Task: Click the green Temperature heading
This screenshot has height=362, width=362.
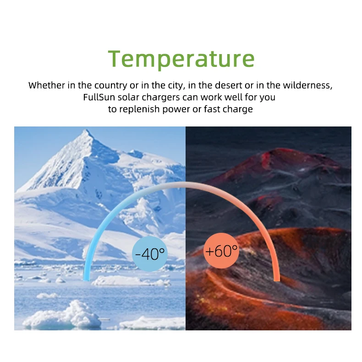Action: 181,59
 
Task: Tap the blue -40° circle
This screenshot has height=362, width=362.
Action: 149,254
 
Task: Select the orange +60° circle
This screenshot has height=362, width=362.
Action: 221,251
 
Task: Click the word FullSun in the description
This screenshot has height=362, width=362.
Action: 99,97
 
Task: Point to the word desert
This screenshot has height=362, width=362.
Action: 229,85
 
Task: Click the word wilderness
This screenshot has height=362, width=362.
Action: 308,85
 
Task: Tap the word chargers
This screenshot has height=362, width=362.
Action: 161,98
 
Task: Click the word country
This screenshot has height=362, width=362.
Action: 110,86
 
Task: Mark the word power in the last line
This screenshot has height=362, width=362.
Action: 176,110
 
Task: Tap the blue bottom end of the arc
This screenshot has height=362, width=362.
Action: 86,279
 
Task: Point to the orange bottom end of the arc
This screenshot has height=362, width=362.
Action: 277,279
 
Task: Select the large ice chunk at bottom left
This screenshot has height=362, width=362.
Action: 62,315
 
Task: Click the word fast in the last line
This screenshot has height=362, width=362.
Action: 212,109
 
